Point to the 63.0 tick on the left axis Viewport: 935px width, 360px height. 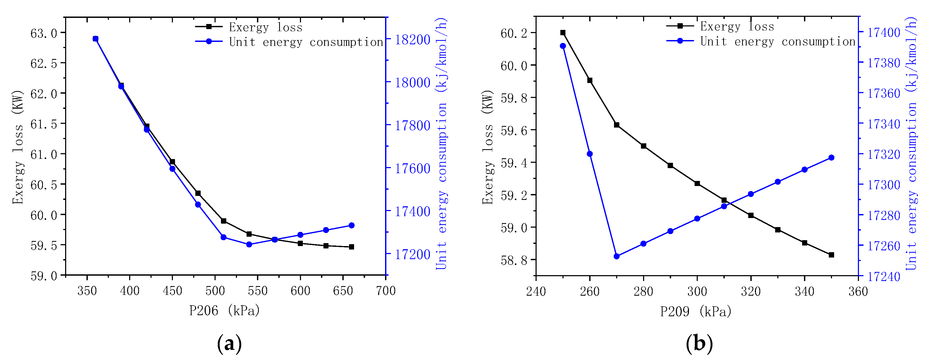(43, 33)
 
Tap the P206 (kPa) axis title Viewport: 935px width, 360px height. (224, 311)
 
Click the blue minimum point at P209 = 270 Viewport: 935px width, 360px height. (617, 256)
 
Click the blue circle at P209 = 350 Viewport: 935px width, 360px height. (831, 157)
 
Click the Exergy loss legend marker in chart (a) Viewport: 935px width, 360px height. (209, 26)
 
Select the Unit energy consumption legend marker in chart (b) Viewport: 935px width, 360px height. (680, 41)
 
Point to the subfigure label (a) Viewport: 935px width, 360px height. (229, 343)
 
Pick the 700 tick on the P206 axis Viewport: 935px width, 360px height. (386, 291)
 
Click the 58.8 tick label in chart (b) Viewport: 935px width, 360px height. (514, 260)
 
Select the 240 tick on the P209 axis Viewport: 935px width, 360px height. (536, 291)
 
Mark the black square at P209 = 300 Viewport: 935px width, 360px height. (697, 184)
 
